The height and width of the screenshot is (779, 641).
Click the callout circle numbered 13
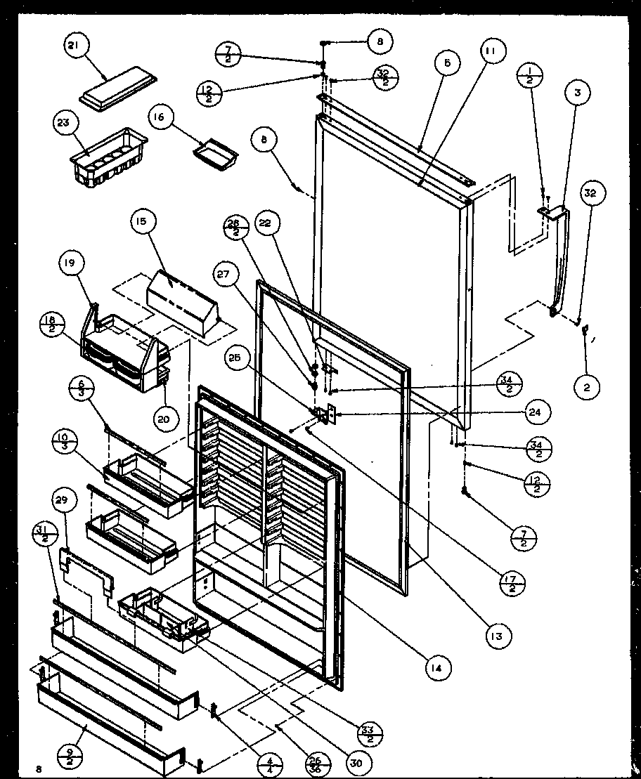click(498, 636)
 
